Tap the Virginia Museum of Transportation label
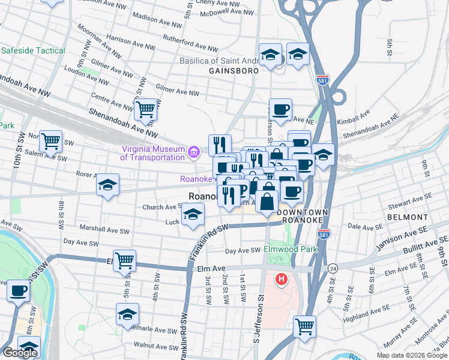[152, 153]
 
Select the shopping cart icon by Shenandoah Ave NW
[146, 109]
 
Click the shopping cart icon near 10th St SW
[50, 141]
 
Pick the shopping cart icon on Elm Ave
[124, 260]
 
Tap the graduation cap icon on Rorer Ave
[108, 184]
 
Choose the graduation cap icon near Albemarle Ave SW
[127, 314]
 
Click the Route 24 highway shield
[332, 268]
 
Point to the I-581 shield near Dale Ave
[324, 234]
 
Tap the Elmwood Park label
[291, 249]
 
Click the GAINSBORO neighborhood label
[234, 71]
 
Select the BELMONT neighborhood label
[407, 217]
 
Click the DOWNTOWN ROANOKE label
[303, 218]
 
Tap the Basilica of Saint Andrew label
[219, 61]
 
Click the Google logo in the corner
[20, 353]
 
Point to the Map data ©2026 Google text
[412, 355]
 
